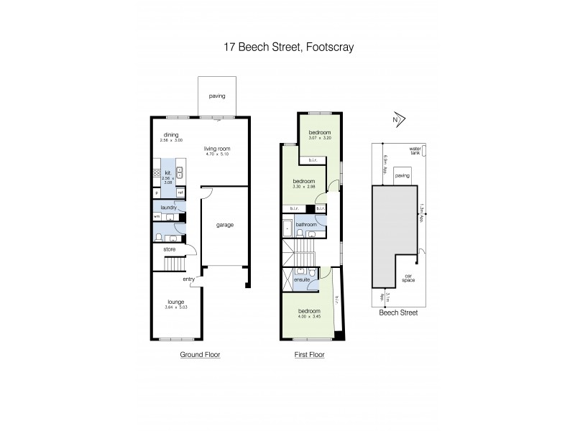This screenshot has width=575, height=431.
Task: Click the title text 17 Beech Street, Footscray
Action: [x=287, y=47]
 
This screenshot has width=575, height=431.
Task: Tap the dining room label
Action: [x=170, y=134]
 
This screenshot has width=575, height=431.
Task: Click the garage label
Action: [x=225, y=225]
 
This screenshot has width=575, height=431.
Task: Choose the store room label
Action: [x=170, y=249]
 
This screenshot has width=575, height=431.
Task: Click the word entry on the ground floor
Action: [x=189, y=279]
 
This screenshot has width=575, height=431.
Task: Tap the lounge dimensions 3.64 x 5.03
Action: [x=177, y=308]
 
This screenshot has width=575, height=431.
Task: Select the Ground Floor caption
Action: [x=200, y=354]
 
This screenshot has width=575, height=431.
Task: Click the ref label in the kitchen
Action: [x=180, y=193]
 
